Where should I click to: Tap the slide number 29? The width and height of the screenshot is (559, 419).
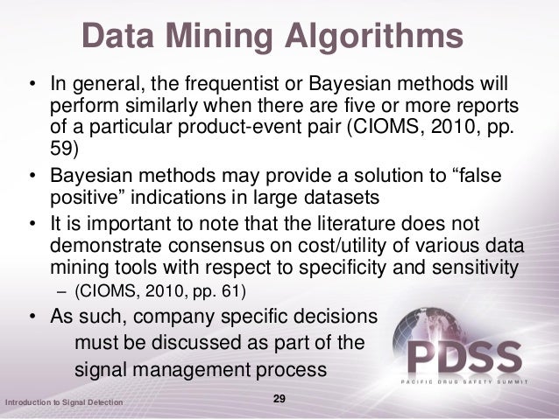click(280, 399)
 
